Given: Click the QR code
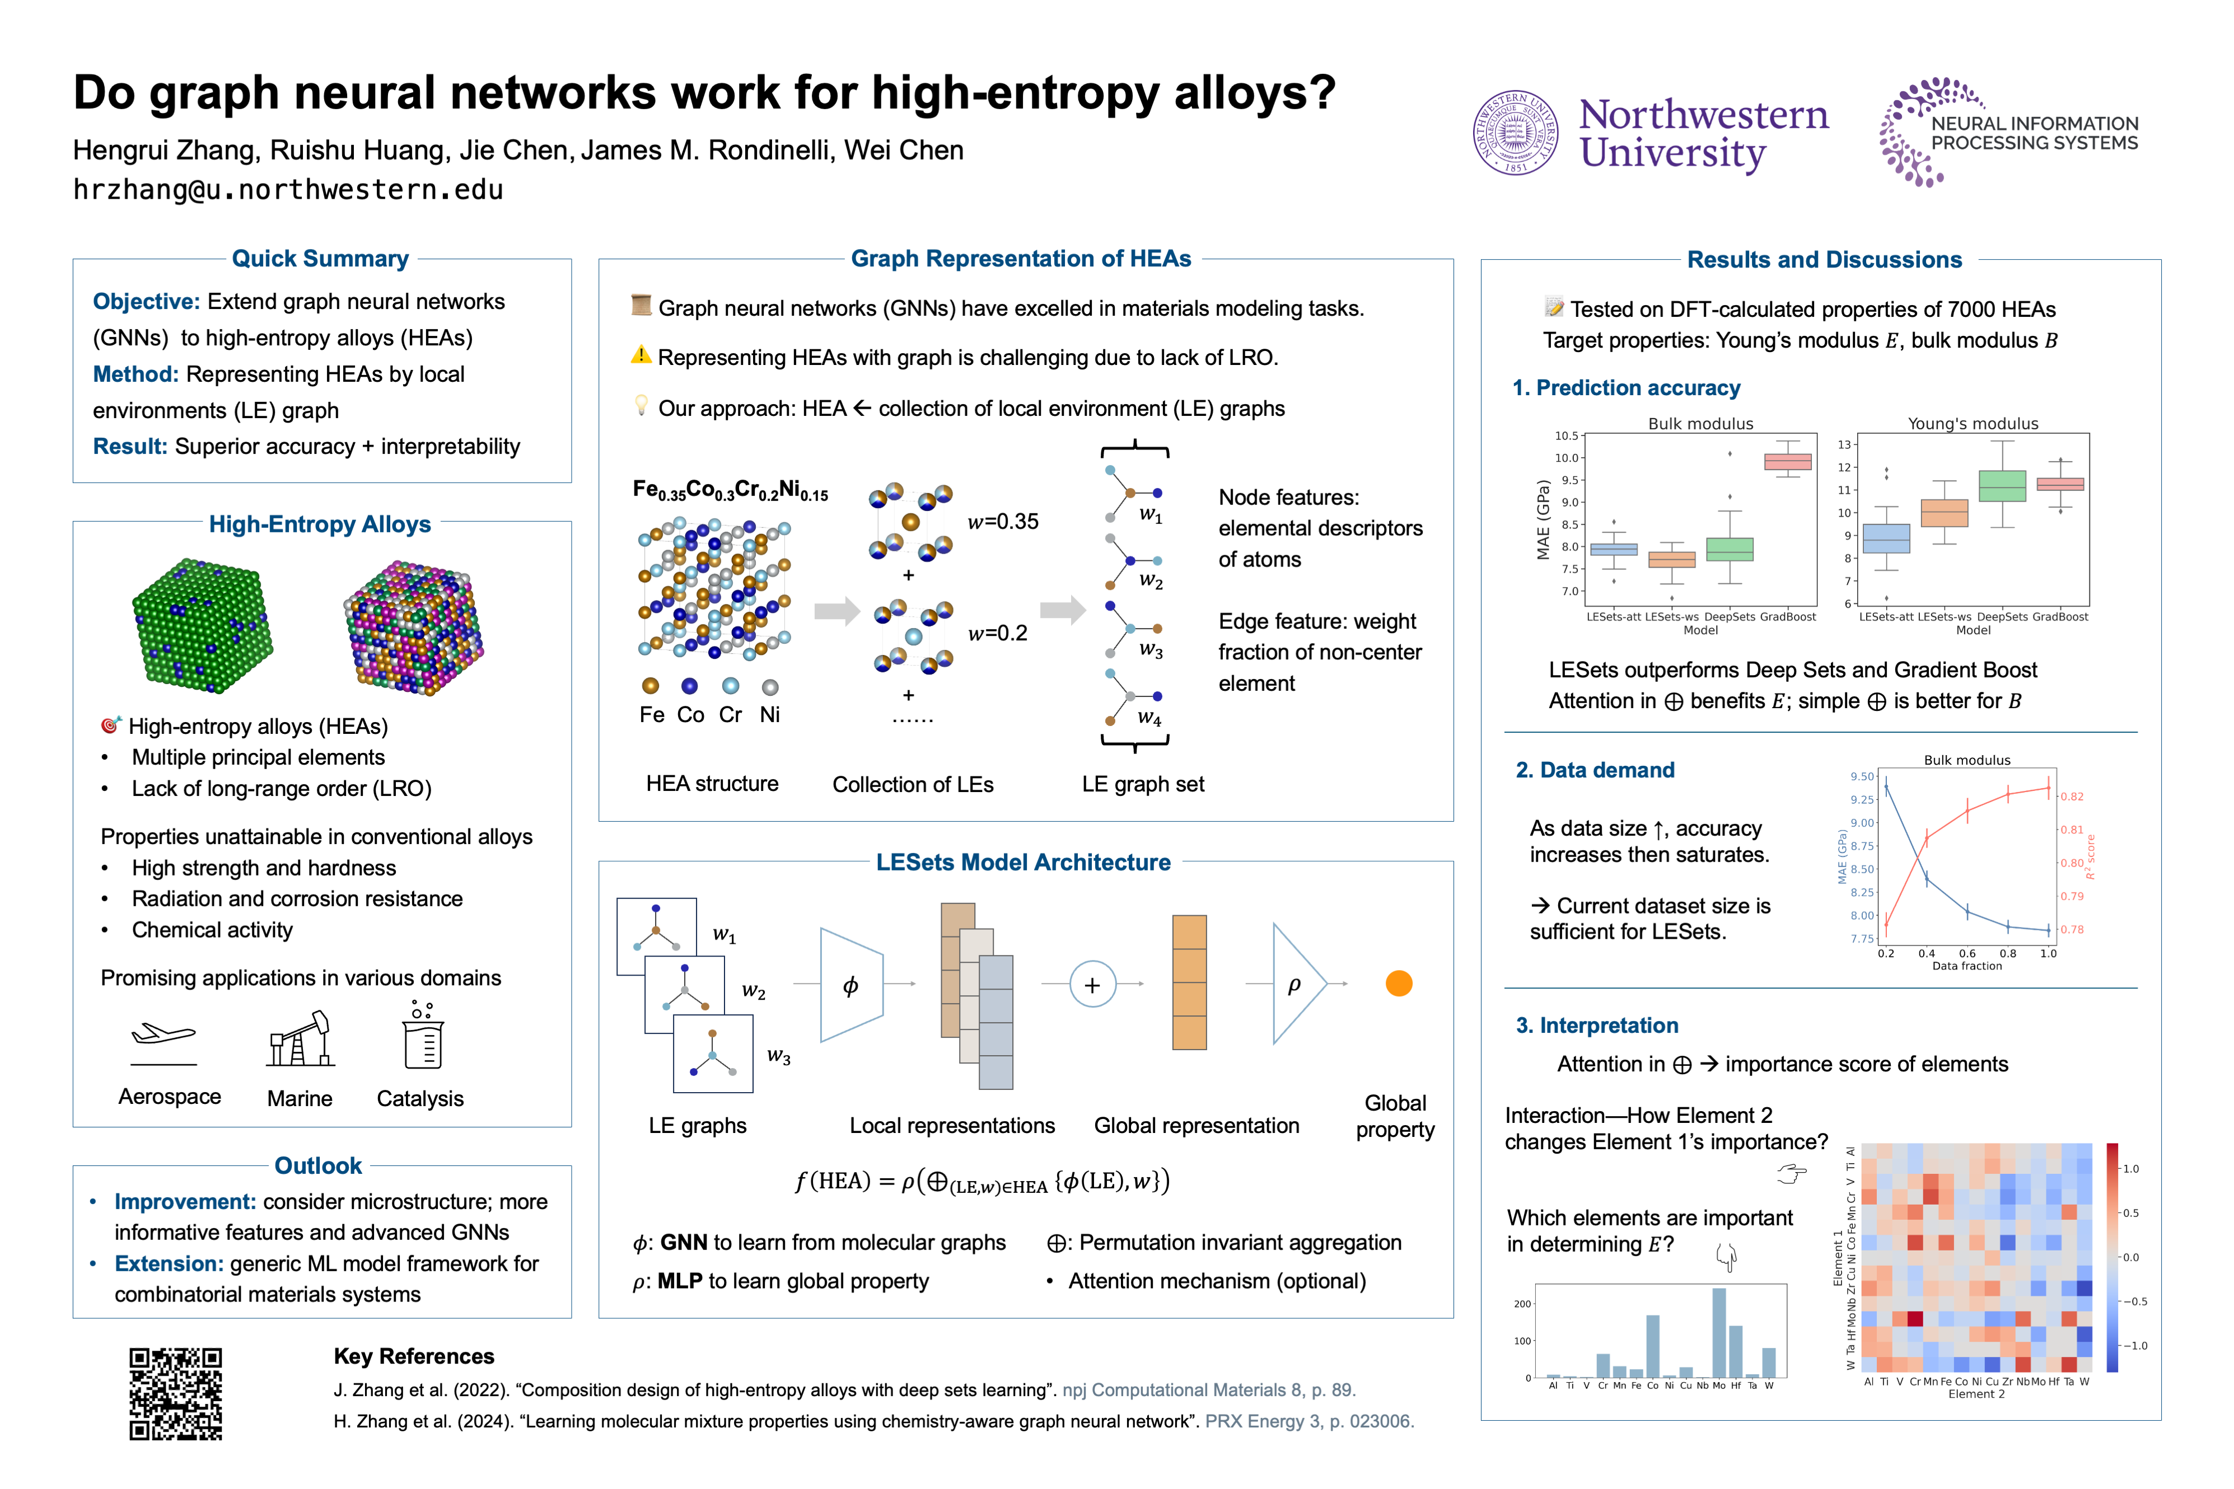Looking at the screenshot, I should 176,1393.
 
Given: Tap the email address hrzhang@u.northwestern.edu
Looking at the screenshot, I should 288,190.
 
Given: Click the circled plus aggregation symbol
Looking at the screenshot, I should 1092,984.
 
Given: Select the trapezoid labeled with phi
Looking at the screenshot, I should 851,985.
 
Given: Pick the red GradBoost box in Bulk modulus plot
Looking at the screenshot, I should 1788,461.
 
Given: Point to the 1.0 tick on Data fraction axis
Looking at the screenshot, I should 2048,953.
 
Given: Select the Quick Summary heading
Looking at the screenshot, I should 320,258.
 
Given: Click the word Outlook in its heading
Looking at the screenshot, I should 318,1165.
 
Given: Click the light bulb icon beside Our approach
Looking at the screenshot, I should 641,406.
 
